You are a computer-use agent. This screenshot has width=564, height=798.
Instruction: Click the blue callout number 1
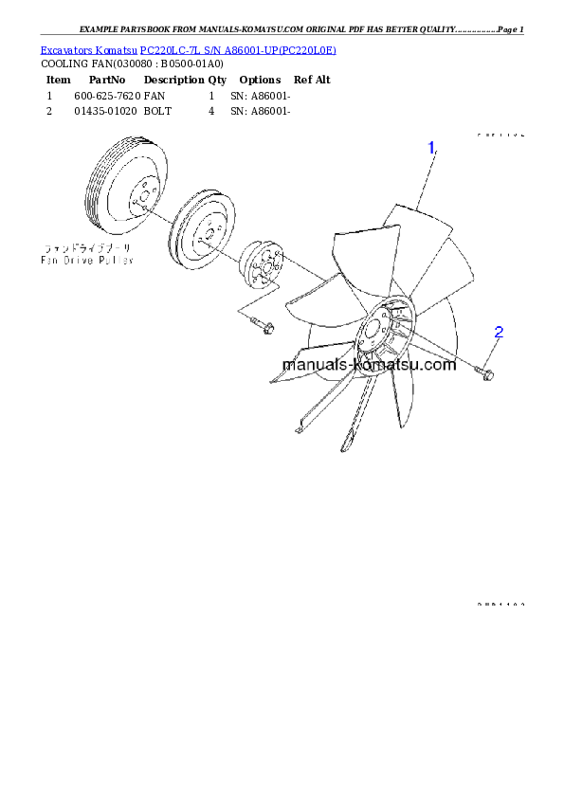[x=431, y=148]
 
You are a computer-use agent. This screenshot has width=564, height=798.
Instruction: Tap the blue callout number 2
[x=498, y=333]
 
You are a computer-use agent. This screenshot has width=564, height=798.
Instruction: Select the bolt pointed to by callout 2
[x=485, y=375]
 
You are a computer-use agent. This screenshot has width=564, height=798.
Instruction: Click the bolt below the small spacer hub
[x=262, y=327]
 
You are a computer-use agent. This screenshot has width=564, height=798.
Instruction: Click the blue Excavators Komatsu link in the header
[x=188, y=49]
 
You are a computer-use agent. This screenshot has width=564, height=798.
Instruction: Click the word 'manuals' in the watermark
[x=313, y=365]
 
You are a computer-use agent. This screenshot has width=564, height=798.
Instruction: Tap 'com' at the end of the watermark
[x=443, y=365]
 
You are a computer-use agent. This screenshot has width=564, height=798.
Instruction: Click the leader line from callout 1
[x=424, y=180]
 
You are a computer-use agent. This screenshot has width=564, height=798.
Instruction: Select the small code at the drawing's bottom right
[x=500, y=603]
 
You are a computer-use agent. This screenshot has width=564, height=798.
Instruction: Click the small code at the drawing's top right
[x=500, y=136]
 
